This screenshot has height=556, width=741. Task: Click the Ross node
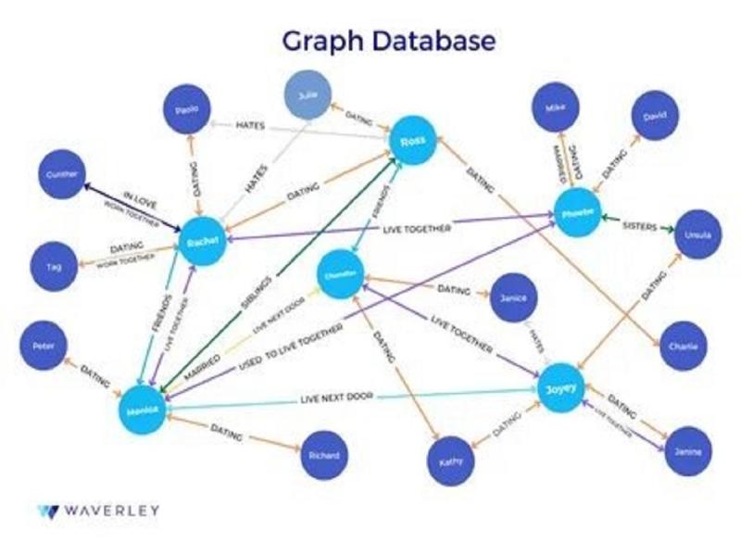point(412,141)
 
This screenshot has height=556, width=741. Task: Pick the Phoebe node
point(577,216)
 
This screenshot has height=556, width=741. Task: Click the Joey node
point(562,390)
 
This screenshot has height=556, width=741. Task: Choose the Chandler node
point(340,274)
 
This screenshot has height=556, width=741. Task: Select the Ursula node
point(697,236)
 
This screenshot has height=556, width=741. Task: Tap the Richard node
point(324,455)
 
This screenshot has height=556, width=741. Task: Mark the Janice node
point(512,297)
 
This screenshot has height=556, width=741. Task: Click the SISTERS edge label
point(639,224)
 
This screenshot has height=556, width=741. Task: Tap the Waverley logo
point(98,510)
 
